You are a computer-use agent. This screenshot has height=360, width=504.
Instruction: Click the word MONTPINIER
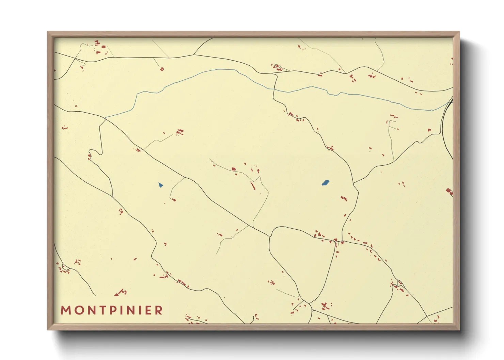[x=112, y=310]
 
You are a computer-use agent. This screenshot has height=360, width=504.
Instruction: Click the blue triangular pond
[x=160, y=185]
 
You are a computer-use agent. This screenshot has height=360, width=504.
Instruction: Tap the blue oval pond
[x=325, y=183]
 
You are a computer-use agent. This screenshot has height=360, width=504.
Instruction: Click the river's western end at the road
[x=105, y=118]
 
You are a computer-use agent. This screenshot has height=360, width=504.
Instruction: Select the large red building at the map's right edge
[x=449, y=192]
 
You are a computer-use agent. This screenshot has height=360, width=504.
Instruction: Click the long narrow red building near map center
[x=253, y=186]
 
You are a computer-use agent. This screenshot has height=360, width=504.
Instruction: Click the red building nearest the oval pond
[x=344, y=198]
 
